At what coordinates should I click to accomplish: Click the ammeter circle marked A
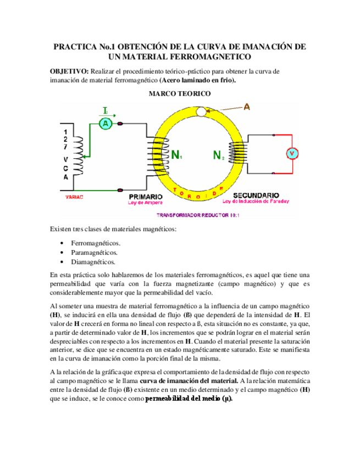point(106,124)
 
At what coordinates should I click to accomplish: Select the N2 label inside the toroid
point(218,156)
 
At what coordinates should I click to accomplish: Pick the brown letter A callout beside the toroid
point(247,107)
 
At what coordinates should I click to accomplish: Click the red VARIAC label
point(74,196)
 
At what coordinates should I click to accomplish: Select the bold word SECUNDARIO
point(256,195)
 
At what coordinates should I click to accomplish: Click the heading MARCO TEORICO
point(179,95)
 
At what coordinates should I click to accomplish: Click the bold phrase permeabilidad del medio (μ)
point(188,399)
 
